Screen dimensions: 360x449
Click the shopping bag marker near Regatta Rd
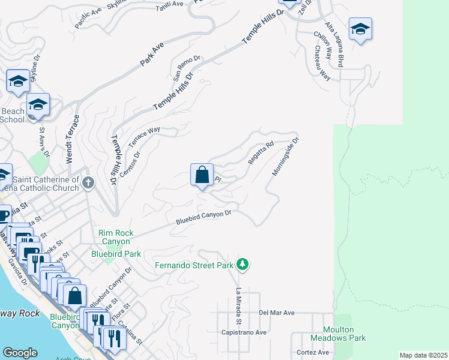[x=202, y=175]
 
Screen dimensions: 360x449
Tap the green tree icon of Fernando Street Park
[x=243, y=264]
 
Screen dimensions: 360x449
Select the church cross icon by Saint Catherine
[x=88, y=182]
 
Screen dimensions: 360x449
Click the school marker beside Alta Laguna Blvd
[x=360, y=29]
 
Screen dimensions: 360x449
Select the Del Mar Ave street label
[x=277, y=313]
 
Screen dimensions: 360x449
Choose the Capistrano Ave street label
[x=244, y=332]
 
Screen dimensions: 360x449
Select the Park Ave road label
[x=152, y=53]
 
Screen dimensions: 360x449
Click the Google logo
[x=20, y=353]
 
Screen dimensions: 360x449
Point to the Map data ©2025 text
[x=423, y=355]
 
